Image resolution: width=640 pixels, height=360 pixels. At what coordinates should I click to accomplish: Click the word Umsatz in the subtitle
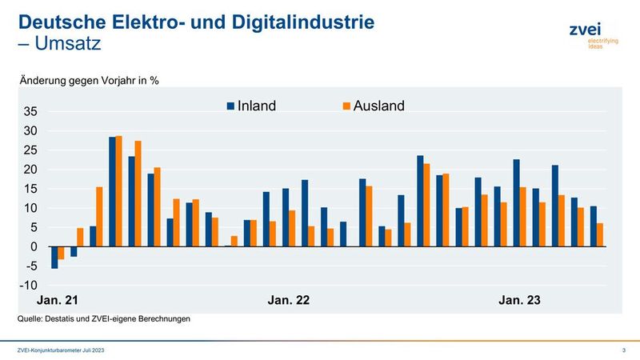(67, 44)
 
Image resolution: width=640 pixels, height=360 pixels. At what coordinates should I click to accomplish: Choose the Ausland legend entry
(369, 106)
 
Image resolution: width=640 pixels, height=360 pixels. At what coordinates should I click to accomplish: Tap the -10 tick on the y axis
(29, 286)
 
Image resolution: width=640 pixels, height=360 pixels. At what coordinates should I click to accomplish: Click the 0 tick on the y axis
(34, 247)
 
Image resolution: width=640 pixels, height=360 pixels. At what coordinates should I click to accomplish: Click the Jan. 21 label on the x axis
(58, 301)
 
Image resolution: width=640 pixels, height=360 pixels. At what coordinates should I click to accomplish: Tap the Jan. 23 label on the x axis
(519, 301)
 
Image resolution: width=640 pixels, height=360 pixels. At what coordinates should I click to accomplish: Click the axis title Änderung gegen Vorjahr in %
(89, 80)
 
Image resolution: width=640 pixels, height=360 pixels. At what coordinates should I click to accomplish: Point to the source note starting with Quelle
(103, 319)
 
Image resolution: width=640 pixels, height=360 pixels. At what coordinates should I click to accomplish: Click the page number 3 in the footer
(622, 350)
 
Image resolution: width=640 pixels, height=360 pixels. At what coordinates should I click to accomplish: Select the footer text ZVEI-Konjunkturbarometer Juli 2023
(61, 350)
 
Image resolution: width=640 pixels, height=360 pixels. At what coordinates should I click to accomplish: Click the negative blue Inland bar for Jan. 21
(54, 257)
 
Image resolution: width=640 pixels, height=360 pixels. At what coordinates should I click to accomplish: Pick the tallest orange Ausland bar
(119, 191)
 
